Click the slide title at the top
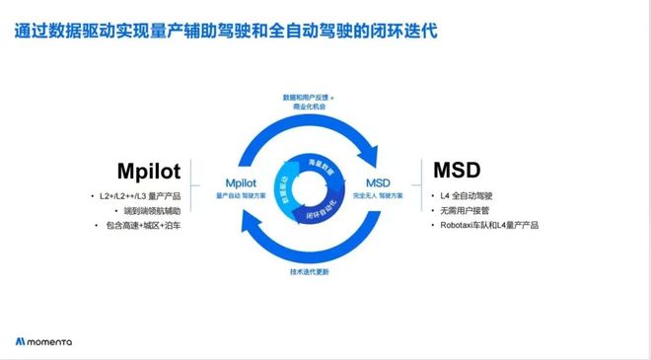coord(227,31)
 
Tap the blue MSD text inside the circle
coord(378,182)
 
